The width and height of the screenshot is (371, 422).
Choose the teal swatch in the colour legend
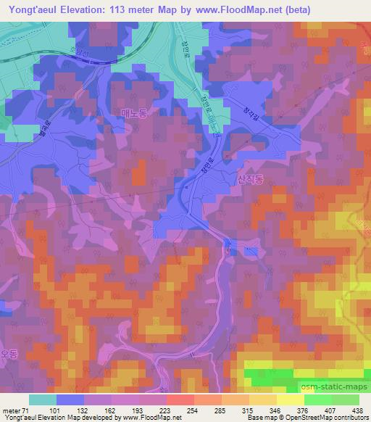click(43, 399)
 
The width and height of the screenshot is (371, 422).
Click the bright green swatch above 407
click(318, 399)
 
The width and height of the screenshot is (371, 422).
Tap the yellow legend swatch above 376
click(291, 399)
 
